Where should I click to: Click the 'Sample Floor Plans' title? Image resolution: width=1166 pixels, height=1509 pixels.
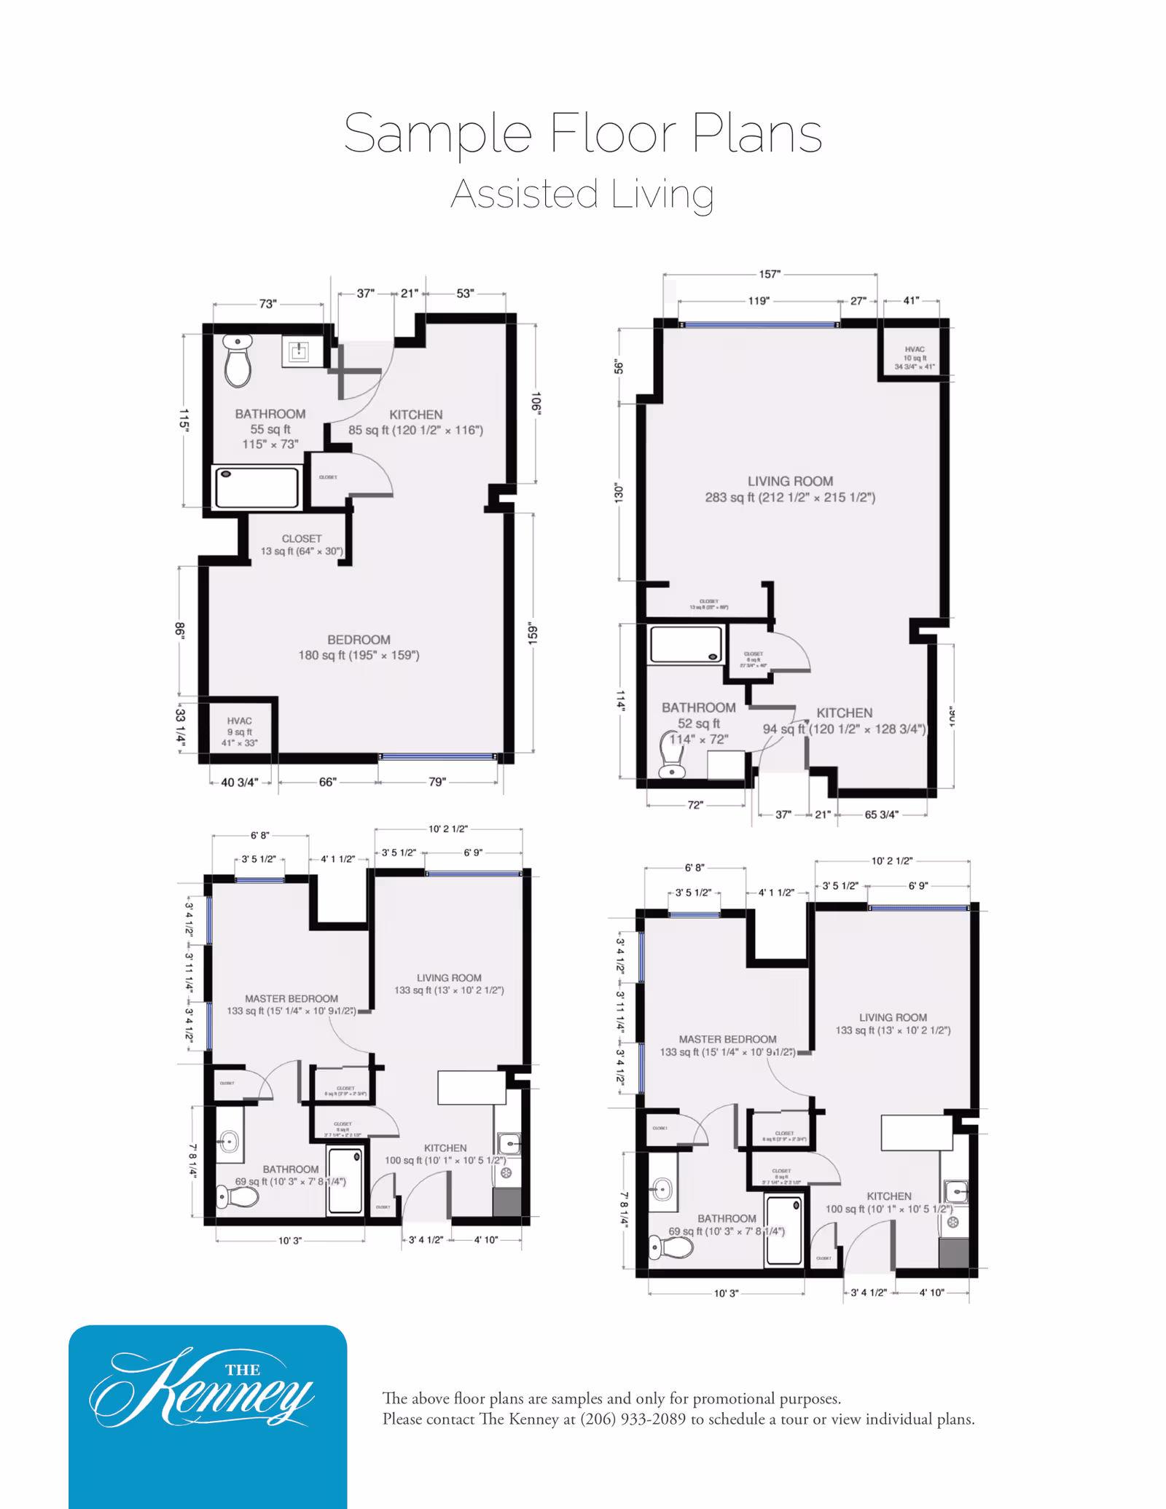coord(583,133)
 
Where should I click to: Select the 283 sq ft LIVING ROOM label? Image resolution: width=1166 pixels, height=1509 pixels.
coord(790,489)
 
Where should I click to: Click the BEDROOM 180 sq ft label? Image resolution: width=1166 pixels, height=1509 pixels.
coord(359,647)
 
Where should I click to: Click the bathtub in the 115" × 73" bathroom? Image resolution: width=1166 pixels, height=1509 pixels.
coord(257,487)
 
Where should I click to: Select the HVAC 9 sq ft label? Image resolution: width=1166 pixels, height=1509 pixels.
coord(239,732)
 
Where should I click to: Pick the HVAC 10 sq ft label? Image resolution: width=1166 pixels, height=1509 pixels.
coord(915,358)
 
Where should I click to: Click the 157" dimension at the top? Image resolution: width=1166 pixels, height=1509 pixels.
coord(770,274)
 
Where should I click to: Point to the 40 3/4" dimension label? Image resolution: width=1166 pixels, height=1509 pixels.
coord(239,782)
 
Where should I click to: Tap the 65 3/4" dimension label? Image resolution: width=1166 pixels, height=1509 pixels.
coord(881,814)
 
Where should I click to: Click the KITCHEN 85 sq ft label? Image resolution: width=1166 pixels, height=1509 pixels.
coord(415,422)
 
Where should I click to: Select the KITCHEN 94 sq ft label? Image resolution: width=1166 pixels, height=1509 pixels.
coord(844,721)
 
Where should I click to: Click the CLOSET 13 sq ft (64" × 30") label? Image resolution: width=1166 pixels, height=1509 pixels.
coord(302,544)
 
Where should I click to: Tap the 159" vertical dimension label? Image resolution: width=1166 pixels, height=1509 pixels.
coord(533,633)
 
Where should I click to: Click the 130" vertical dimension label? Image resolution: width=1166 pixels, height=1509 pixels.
coord(619,493)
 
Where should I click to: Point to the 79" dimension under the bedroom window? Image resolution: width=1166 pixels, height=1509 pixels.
coord(437,782)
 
